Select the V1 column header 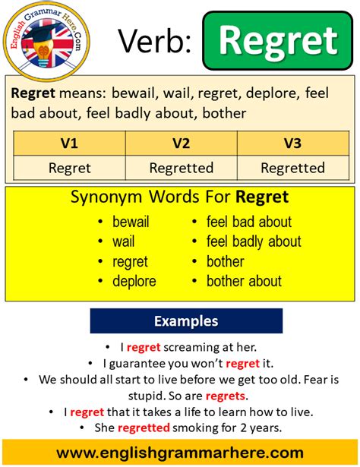[x=70, y=143]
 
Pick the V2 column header [x=181, y=143]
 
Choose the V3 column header [x=292, y=143]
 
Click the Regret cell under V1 [x=70, y=167]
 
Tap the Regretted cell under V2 [x=181, y=167]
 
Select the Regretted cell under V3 [x=292, y=167]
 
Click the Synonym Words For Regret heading [x=180, y=198]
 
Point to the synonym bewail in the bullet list [x=130, y=222]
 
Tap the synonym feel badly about [x=254, y=241]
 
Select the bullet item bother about [x=244, y=281]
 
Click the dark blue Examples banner [x=186, y=321]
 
